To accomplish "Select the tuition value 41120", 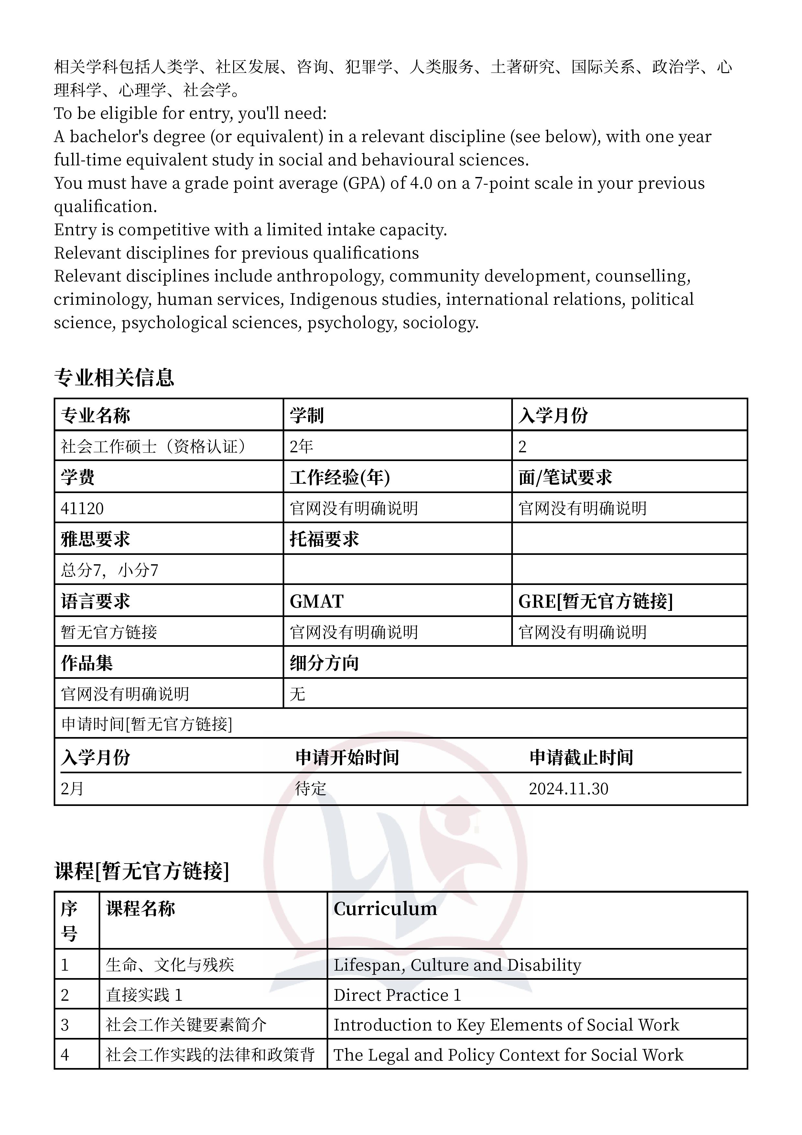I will point(82,508).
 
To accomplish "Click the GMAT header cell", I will point(316,601).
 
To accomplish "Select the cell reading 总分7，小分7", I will point(109,570).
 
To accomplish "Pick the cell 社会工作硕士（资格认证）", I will point(153,446).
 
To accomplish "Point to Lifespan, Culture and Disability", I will point(457,964).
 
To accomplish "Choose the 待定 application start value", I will point(310,788).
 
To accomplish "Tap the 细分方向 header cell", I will point(324,663).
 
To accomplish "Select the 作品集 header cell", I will point(87,663).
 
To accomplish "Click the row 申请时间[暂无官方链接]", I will point(147,724).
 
